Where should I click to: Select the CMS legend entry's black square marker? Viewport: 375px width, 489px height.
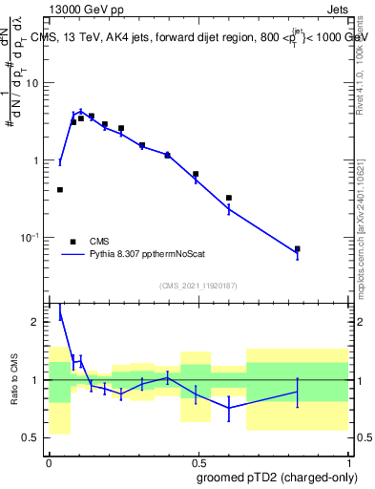tap(73, 241)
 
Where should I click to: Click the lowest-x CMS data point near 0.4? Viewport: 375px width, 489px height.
tap(60, 190)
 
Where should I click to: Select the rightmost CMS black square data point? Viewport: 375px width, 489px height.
tap(298, 249)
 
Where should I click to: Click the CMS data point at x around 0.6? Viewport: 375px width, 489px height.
tap(229, 198)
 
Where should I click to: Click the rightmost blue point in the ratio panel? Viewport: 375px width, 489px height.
tap(298, 392)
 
